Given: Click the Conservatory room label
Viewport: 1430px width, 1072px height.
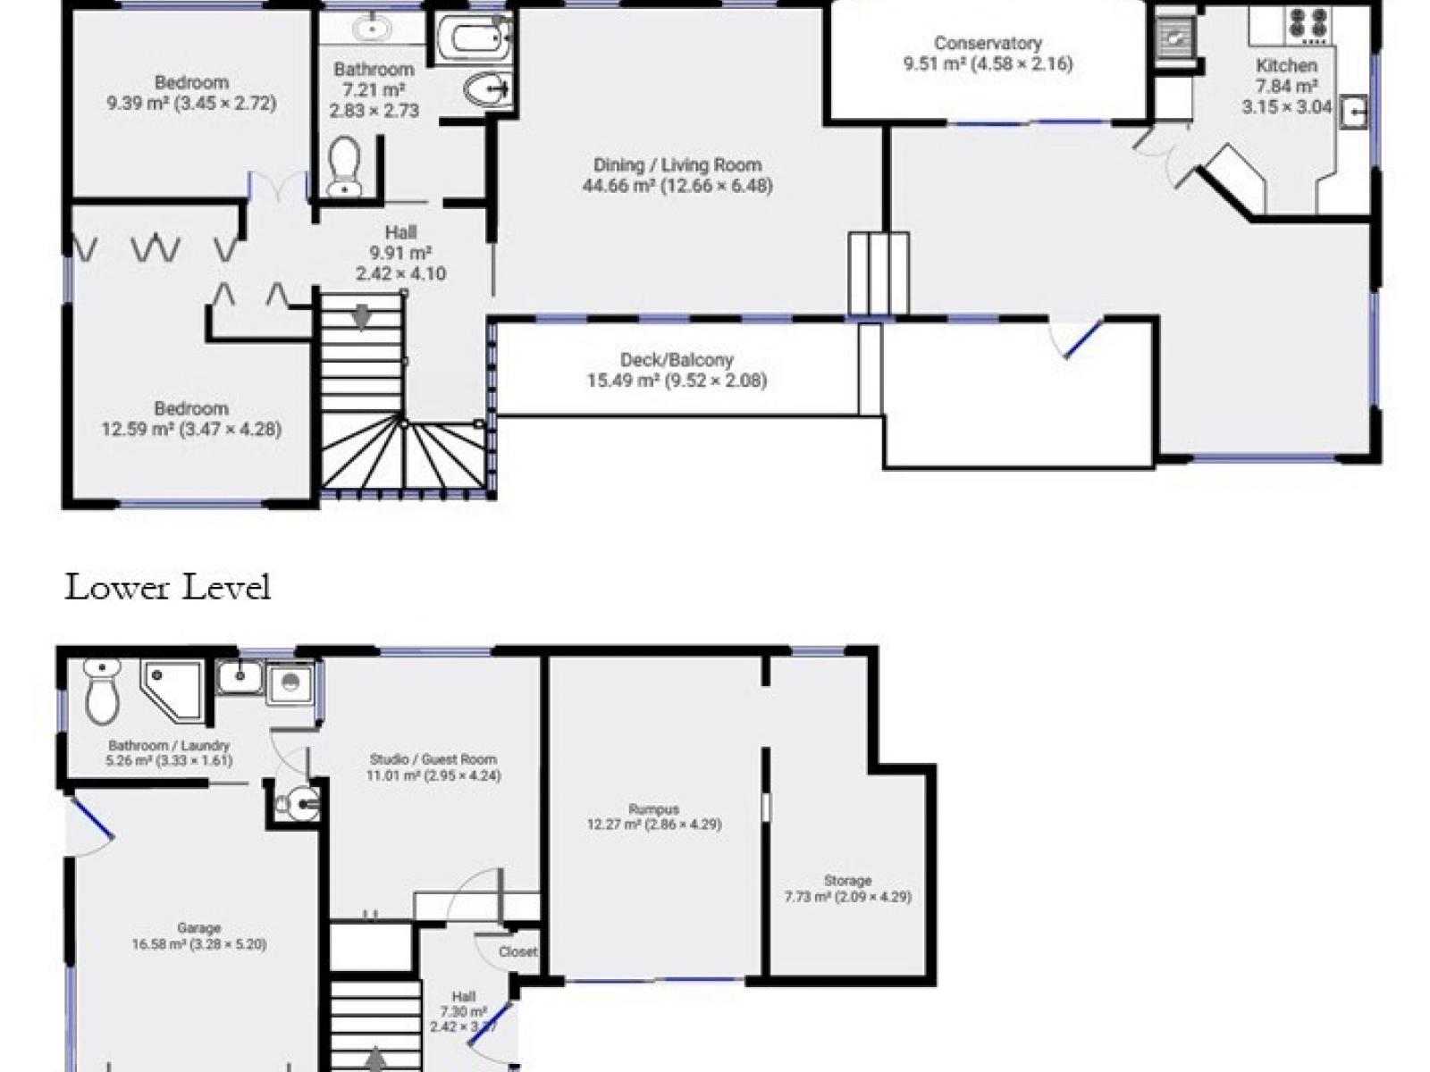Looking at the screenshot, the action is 988,54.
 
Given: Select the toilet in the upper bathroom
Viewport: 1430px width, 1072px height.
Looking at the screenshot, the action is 344,167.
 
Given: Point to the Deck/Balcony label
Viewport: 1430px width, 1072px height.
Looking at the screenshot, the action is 677,370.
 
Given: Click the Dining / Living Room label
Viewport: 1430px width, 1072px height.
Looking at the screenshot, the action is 677,175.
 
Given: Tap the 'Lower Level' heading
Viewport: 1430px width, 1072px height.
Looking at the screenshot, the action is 167,587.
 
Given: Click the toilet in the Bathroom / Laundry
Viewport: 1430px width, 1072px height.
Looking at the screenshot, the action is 102,691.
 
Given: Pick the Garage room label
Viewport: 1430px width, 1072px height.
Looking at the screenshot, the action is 199,936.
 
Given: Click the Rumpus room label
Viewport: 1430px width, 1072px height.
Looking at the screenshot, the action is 654,817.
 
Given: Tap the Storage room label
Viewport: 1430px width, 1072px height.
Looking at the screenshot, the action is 847,889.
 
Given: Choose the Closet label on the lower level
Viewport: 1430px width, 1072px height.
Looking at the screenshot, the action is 517,951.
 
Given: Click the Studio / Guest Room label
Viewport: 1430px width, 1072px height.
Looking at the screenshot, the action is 433,766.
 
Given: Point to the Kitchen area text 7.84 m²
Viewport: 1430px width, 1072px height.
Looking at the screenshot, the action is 1287,86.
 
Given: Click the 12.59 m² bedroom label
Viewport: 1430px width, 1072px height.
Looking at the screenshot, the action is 191,419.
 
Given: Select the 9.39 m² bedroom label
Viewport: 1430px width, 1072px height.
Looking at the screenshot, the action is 191,93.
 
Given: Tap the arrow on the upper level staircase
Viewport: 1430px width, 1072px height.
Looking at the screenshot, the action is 360,317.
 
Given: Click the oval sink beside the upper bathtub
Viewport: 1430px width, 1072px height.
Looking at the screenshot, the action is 490,88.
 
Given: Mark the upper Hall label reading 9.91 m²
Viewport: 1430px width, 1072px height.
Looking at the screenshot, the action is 400,253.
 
